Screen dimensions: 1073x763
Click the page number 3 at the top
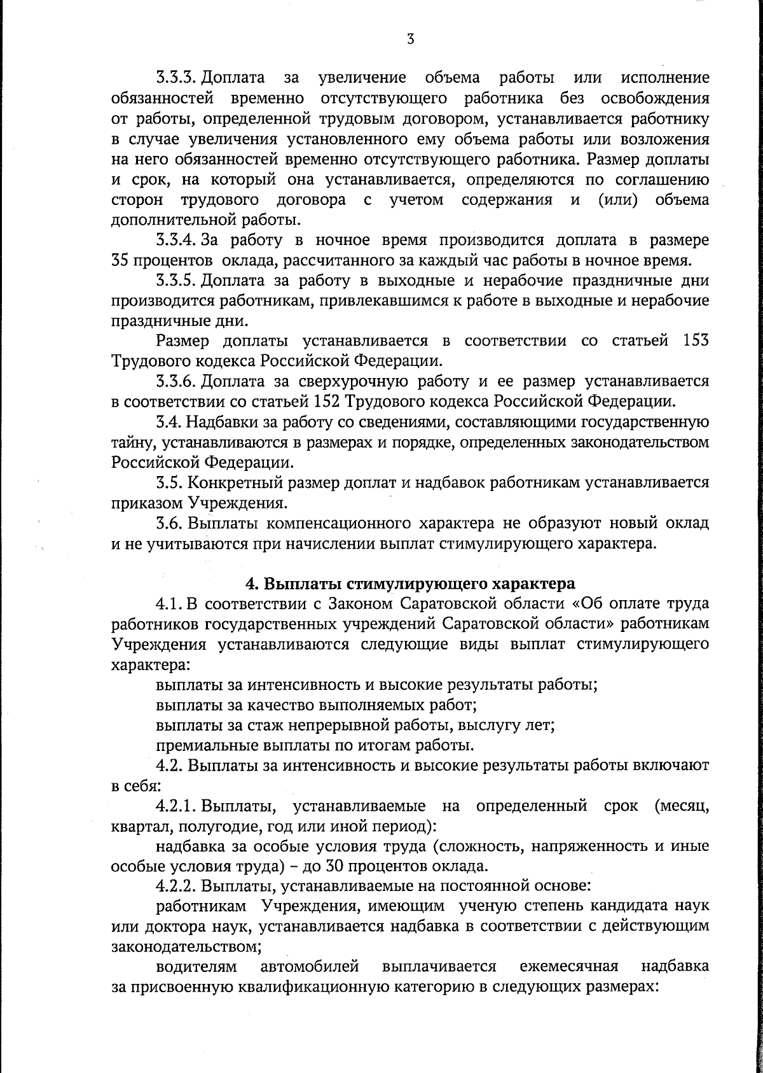410,39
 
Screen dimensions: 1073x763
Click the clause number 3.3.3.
175,78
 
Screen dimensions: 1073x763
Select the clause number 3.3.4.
175,240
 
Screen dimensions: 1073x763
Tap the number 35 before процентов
120,260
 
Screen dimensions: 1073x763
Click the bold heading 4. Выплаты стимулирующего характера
410,584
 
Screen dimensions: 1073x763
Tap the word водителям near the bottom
197,967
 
